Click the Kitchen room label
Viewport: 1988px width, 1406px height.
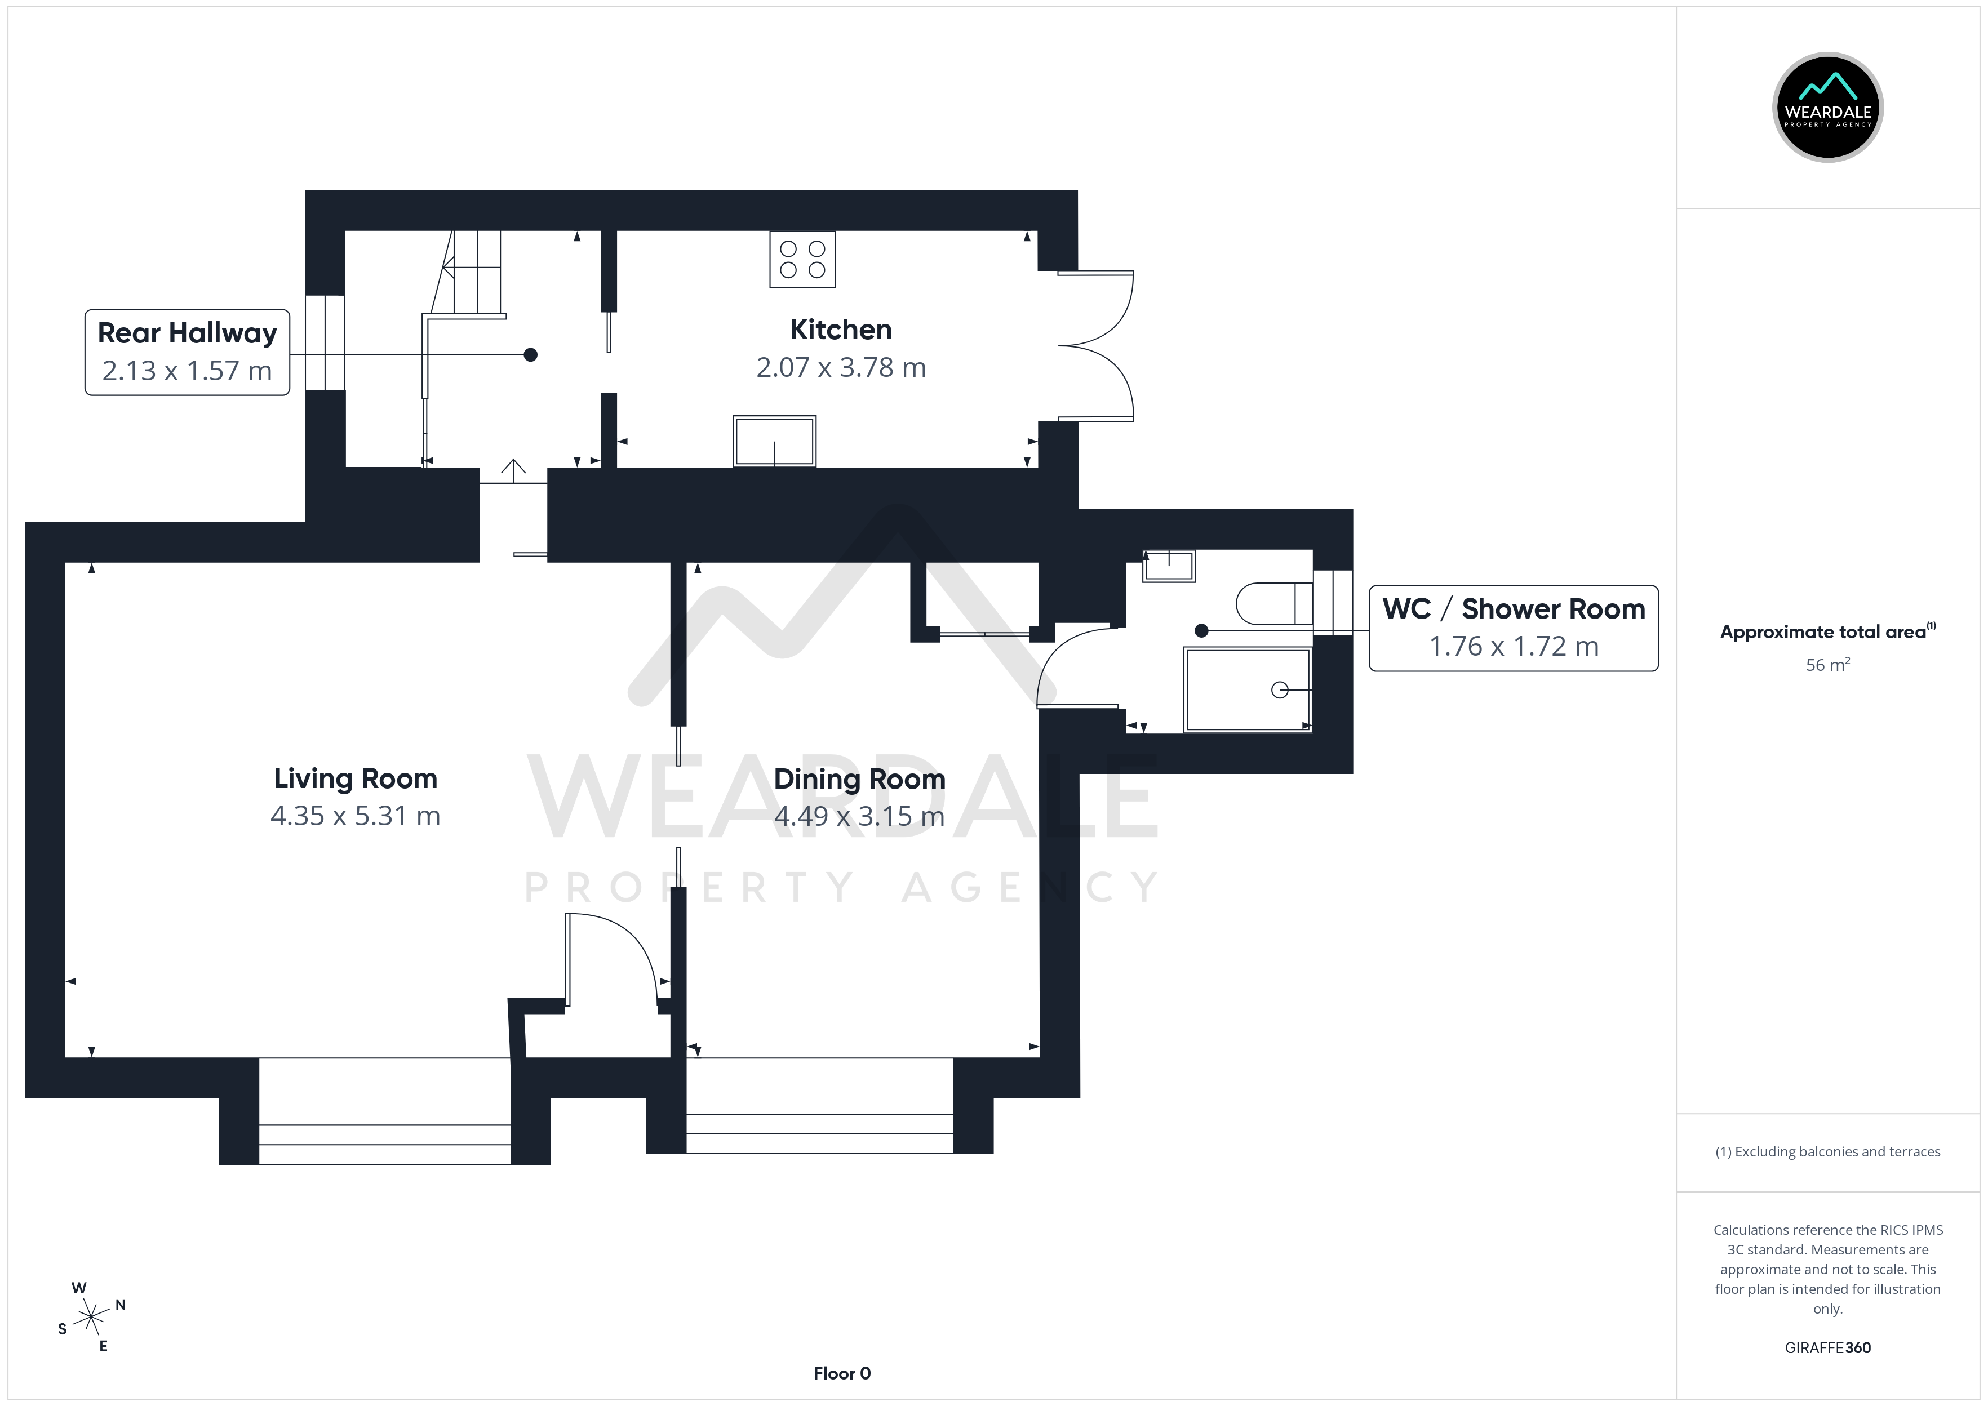click(x=841, y=330)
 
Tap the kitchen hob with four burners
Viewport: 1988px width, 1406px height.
click(x=802, y=259)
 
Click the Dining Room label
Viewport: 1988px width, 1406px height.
click(x=859, y=779)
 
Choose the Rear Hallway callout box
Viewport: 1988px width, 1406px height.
click(x=187, y=353)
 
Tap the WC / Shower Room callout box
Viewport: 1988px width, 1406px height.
click(x=1514, y=628)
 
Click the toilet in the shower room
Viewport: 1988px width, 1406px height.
click(x=1275, y=603)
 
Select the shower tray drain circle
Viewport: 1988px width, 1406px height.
click(x=1280, y=690)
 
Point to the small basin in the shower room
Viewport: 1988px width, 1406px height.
click(x=1169, y=566)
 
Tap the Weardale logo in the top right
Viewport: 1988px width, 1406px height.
click(x=1828, y=108)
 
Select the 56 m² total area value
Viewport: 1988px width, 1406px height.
click(x=1828, y=665)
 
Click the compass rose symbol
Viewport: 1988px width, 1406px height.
click(x=91, y=1318)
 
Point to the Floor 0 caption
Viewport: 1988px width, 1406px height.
click(x=842, y=1373)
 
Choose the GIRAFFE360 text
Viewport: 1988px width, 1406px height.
click(x=1828, y=1348)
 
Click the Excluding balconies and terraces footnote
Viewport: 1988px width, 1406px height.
click(x=1828, y=1151)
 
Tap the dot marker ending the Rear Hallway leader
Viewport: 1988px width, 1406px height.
click(x=531, y=355)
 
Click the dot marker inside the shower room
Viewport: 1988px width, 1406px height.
click(x=1201, y=631)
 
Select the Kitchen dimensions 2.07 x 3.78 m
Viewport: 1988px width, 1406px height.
click(x=841, y=368)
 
